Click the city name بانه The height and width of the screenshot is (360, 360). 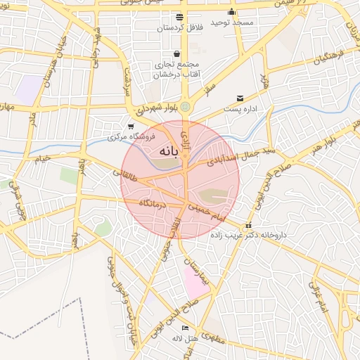click(x=165, y=150)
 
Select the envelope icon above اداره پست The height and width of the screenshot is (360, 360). click(x=240, y=98)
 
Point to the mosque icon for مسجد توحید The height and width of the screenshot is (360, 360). click(x=231, y=12)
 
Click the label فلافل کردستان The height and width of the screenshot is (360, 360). click(x=181, y=27)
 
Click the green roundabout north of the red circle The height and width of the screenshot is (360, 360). click(x=186, y=107)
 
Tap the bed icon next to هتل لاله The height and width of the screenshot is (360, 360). click(x=185, y=328)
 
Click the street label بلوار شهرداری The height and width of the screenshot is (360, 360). click(x=156, y=110)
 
